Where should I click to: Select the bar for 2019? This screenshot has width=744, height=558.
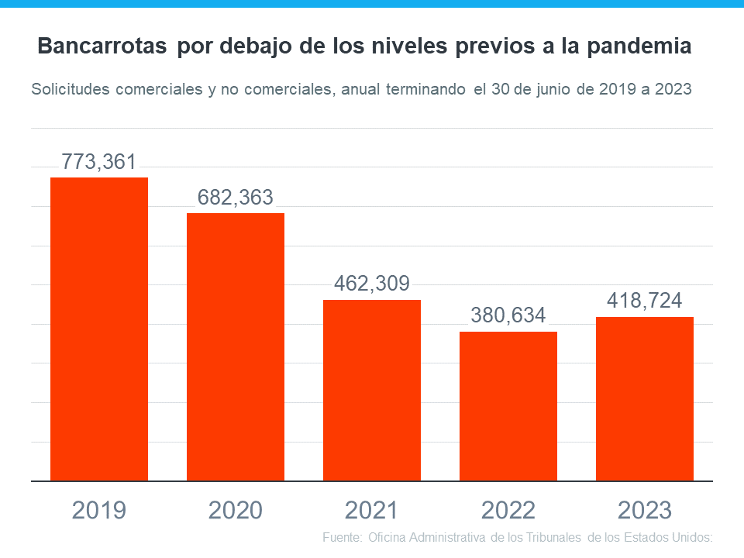point(99,329)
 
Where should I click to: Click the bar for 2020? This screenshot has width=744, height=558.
point(236,347)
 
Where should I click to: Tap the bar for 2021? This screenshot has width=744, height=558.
point(372,391)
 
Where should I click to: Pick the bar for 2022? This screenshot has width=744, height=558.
point(508,406)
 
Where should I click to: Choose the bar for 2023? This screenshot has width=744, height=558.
point(645,399)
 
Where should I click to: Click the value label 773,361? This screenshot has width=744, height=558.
point(99,163)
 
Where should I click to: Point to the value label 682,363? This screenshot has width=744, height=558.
point(236,198)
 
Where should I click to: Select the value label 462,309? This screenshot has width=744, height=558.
point(372,284)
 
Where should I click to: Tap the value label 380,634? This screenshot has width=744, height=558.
point(508,315)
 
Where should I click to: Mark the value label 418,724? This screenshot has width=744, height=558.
point(645,301)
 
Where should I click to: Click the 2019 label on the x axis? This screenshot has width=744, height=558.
point(99,510)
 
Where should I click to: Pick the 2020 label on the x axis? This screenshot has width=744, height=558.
point(236,510)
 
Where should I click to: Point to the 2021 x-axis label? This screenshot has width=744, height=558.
point(372,510)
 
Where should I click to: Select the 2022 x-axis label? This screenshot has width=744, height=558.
point(508,510)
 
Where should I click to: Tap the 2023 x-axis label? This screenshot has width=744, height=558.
point(645,510)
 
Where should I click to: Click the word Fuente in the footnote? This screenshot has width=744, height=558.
point(340,537)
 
